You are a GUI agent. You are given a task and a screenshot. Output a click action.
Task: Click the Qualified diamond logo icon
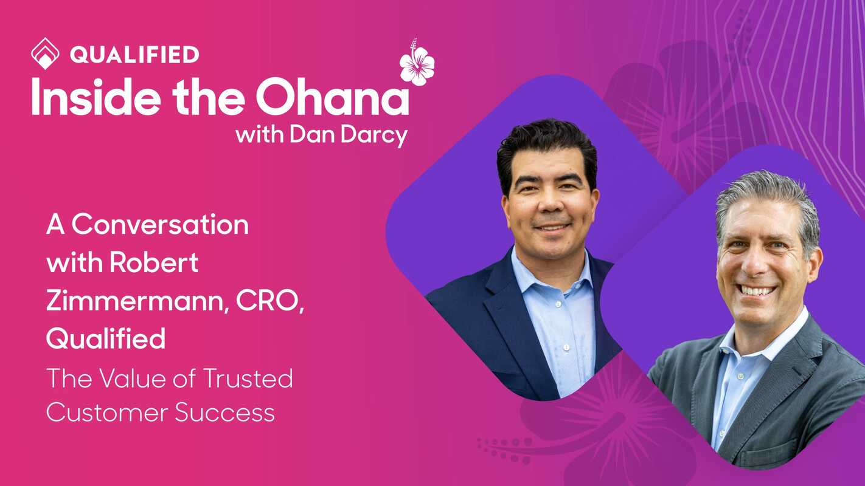tap(45, 53)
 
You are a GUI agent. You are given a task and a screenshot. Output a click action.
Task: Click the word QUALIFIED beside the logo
tap(134, 55)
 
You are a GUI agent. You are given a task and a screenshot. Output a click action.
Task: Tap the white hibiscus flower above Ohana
tap(417, 64)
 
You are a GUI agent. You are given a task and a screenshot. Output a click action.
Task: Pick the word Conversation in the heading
tap(160, 225)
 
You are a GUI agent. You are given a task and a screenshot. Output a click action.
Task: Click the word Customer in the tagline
tap(107, 413)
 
